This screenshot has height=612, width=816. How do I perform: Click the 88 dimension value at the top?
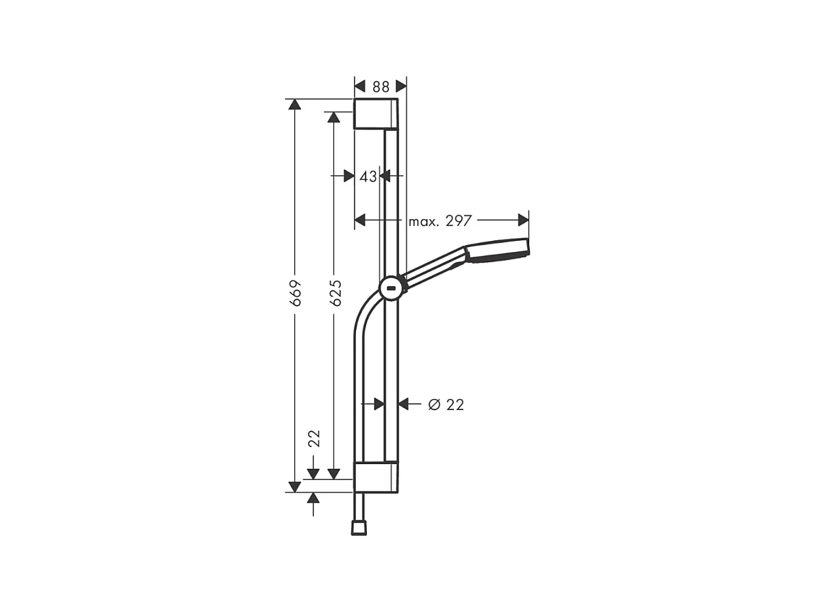coord(381,87)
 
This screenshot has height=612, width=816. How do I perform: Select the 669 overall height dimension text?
coord(296,292)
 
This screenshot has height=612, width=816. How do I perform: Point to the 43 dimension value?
coord(368,177)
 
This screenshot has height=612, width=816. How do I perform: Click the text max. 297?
coord(440,221)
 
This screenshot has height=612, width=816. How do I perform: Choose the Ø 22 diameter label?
coord(446,405)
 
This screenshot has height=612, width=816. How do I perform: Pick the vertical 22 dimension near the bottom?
coord(314,438)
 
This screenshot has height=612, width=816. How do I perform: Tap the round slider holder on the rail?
coord(390,288)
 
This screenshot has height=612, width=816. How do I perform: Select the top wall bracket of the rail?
coord(375,114)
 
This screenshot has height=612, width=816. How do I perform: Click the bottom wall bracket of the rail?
coord(375,476)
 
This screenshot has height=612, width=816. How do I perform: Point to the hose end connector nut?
coord(358,528)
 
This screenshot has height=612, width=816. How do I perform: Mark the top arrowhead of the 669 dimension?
coord(294,105)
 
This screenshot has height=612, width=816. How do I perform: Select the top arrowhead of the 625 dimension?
coord(334,118)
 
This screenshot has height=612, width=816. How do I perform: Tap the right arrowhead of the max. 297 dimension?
coord(524,220)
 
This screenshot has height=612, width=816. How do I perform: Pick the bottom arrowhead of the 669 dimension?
coord(294,486)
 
